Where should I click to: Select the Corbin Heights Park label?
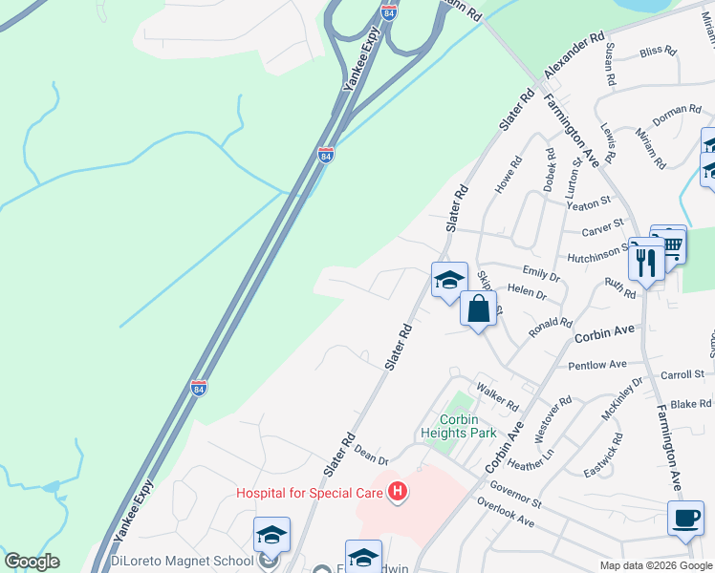tap(468, 426)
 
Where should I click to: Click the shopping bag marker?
tap(479, 308)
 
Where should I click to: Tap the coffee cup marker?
tap(685, 519)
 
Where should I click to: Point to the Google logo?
tap(32, 562)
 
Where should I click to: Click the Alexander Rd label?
tap(575, 59)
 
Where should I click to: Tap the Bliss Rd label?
tap(658, 51)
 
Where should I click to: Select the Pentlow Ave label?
tap(596, 365)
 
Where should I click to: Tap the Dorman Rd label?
tap(676, 116)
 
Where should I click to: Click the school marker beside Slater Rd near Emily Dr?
tap(449, 280)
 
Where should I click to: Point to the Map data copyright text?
tap(657, 564)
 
